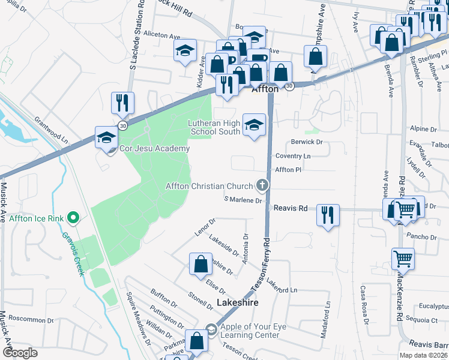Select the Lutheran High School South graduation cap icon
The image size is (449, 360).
pos(254,125)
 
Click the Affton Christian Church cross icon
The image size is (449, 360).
pos(262,185)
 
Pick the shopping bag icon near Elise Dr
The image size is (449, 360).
pos(200,264)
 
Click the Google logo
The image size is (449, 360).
pos(20,352)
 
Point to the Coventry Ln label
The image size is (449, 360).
pos(293,155)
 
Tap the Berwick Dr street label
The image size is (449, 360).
pos(307,142)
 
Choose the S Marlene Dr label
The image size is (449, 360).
pos(243,200)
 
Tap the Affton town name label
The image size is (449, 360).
pos(265,89)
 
